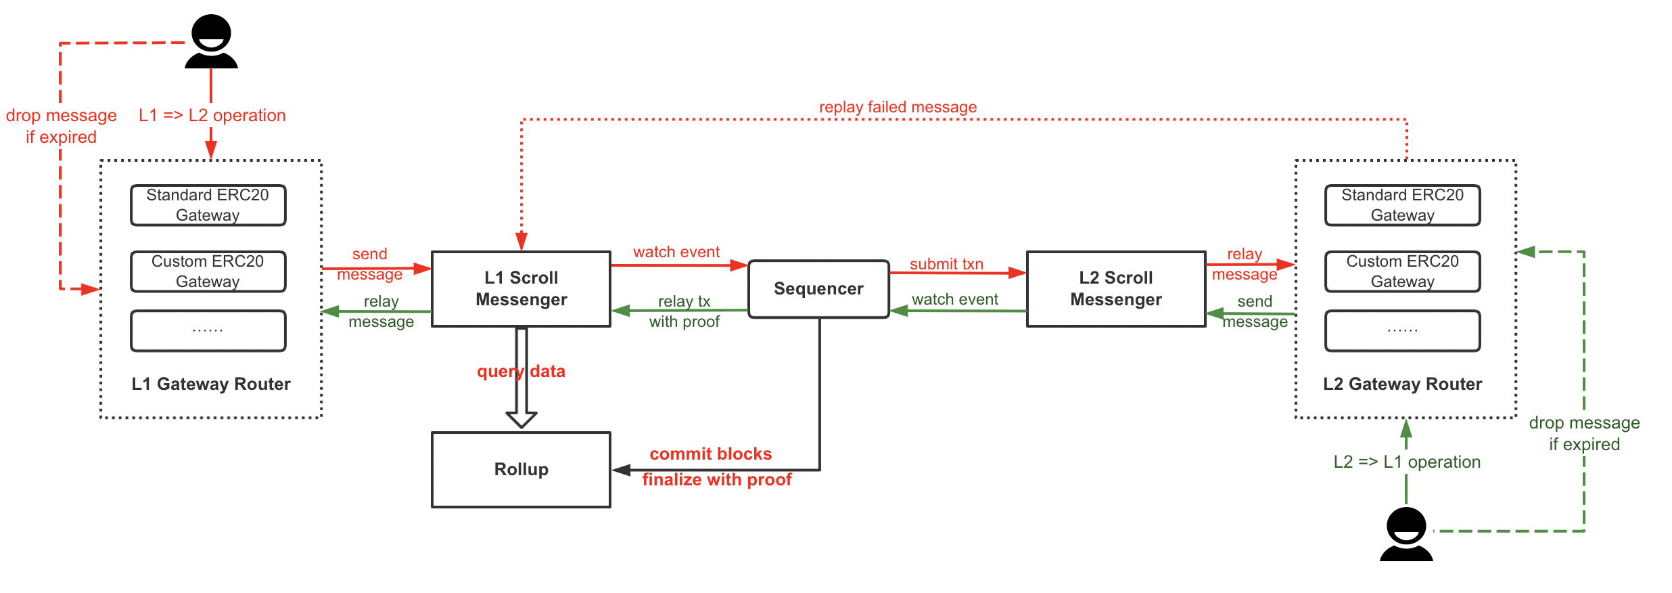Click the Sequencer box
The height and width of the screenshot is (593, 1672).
[818, 289]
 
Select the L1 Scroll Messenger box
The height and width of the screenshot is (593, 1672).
[521, 289]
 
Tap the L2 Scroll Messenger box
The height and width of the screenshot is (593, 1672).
[1116, 289]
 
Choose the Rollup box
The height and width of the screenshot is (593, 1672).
[521, 469]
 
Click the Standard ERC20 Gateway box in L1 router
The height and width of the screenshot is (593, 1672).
[208, 205]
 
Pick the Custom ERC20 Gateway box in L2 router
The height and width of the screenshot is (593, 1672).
[1402, 271]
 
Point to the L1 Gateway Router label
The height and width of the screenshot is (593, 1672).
[211, 384]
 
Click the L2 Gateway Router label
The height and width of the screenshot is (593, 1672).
[1402, 384]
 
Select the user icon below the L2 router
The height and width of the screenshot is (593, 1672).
[1406, 534]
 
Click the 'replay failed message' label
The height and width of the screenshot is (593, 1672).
[898, 107]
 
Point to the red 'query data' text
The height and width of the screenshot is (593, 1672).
[521, 371]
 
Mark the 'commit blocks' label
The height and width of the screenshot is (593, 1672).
[710, 454]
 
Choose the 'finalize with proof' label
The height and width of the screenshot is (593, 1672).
[716, 479]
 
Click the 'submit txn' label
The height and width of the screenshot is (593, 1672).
[946, 264]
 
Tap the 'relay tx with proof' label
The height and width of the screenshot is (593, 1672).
[684, 311]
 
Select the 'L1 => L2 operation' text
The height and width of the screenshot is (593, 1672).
[212, 115]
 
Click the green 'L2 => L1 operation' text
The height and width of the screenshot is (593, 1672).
[1407, 462]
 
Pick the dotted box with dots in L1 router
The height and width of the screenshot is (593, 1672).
[208, 331]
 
